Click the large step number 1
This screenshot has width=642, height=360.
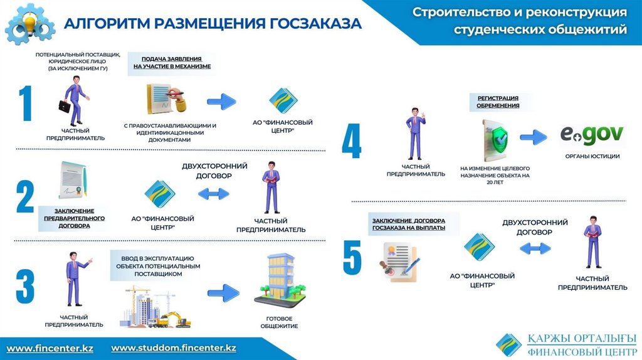pos(25,105)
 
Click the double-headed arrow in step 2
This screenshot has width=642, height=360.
pos(214,194)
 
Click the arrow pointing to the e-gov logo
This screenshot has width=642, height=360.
pos(535,135)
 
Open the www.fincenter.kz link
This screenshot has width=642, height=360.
pos(50,348)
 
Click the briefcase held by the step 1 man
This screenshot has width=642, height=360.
pos(65,106)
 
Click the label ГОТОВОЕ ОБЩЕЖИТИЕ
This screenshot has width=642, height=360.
pos(278,322)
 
